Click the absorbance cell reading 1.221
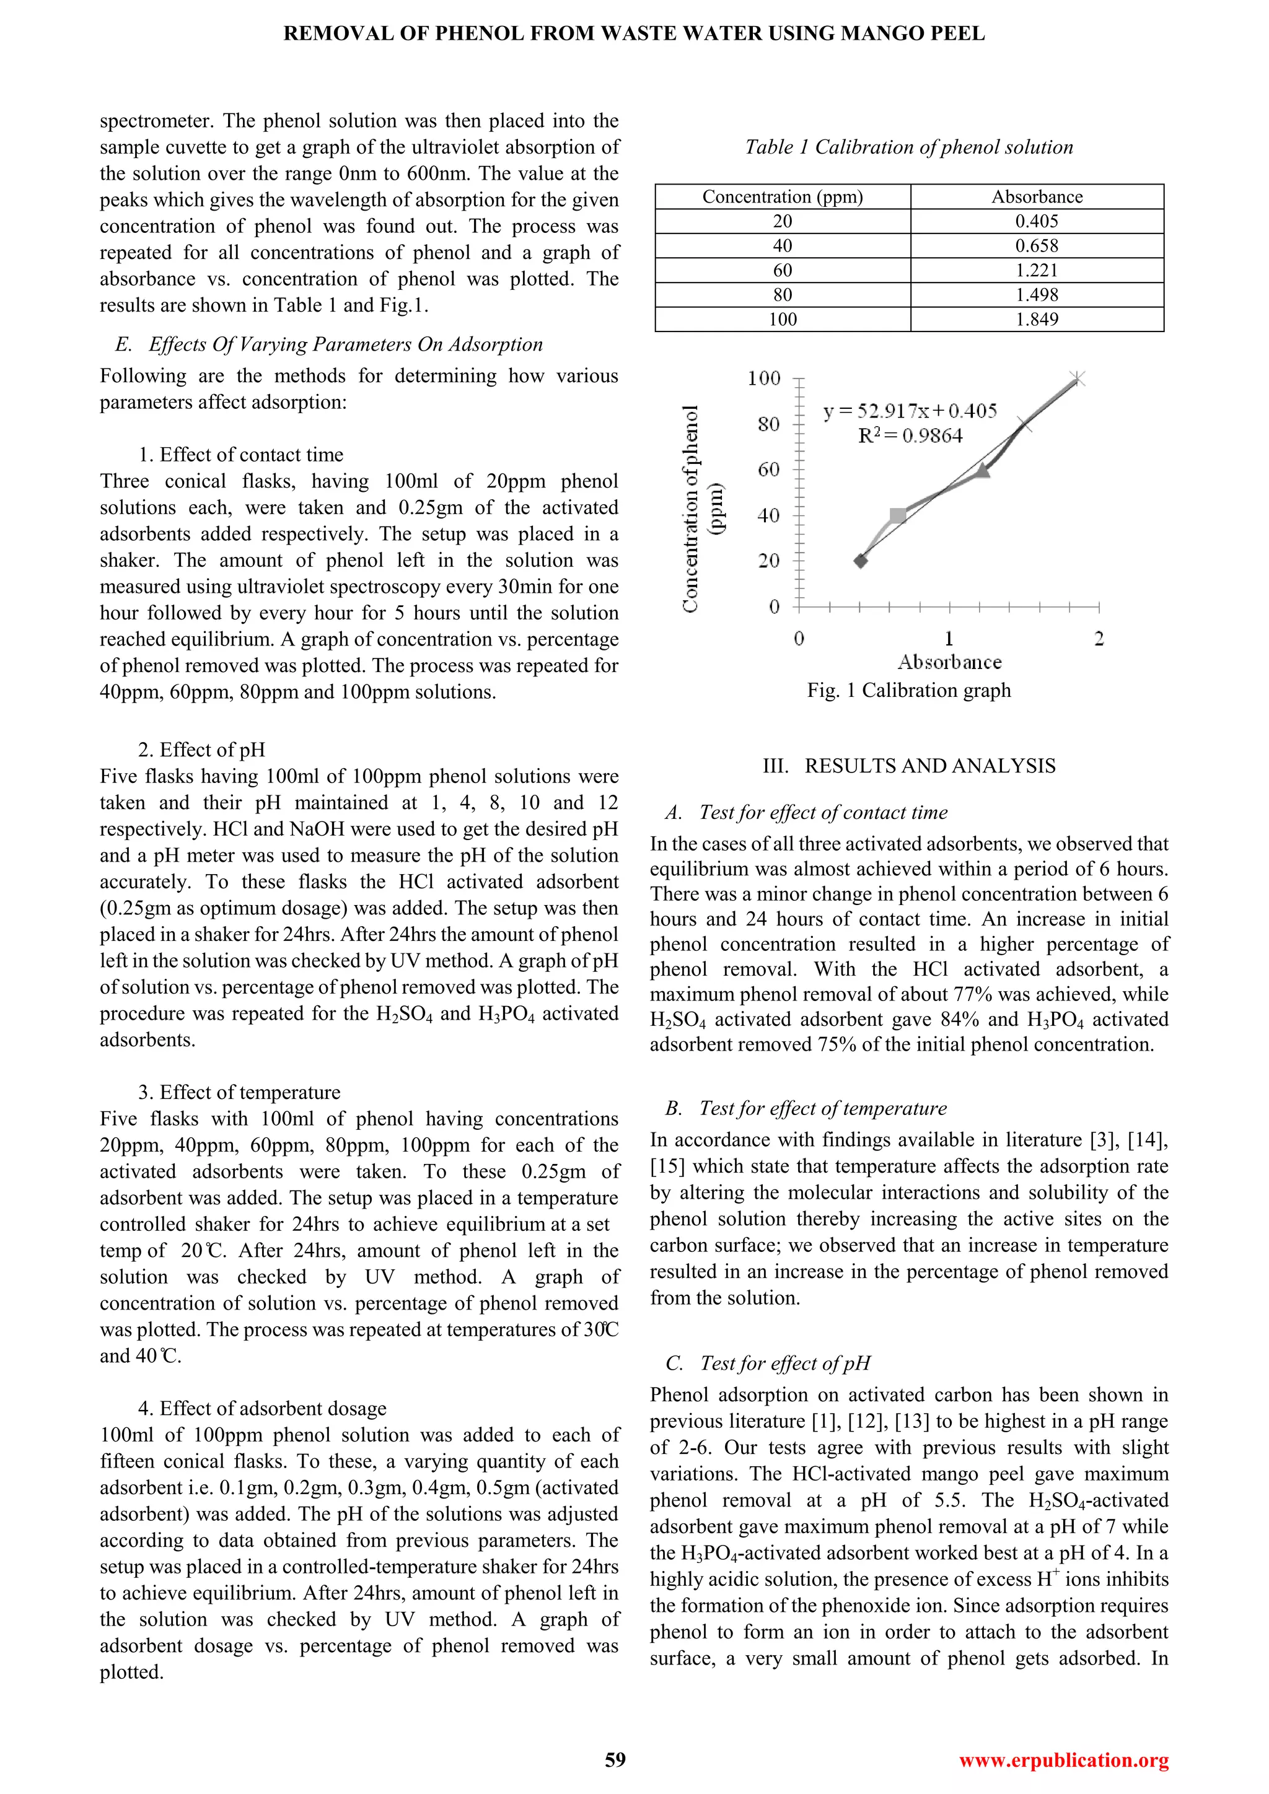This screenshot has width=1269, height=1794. pyautogui.click(x=1036, y=270)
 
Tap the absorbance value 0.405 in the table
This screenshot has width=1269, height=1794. pyautogui.click(x=1036, y=221)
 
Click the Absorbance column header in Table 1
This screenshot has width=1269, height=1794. pyautogui.click(x=1036, y=197)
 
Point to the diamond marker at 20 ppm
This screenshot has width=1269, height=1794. pyautogui.click(x=860, y=560)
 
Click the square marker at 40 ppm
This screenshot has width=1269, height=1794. pyautogui.click(x=898, y=515)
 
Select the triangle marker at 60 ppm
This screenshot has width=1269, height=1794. pyautogui.click(x=982, y=470)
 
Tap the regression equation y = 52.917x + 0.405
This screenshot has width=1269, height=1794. pyautogui.click(x=910, y=411)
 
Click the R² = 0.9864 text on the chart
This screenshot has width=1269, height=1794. pyautogui.click(x=910, y=436)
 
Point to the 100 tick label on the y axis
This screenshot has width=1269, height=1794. pyautogui.click(x=763, y=379)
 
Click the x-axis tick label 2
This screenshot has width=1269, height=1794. pyautogui.click(x=1099, y=639)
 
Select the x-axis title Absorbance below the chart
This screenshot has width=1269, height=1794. pyautogui.click(x=949, y=663)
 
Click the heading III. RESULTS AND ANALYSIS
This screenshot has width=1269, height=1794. pyautogui.click(x=909, y=766)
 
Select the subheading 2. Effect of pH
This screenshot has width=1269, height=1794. pyautogui.click(x=201, y=750)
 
